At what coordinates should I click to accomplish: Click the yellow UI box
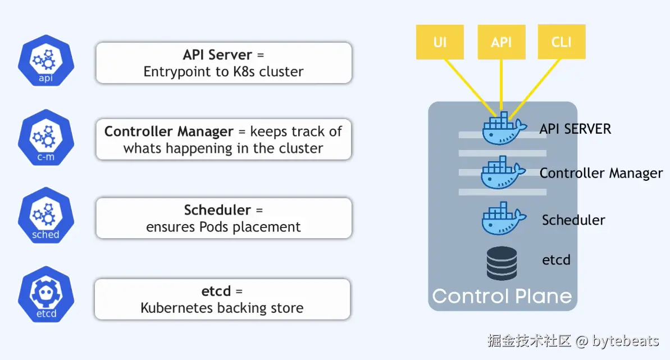tap(440, 42)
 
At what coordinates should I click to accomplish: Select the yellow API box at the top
tap(501, 42)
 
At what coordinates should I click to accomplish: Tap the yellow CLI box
tap(562, 42)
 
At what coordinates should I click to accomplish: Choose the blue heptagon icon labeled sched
tap(45, 217)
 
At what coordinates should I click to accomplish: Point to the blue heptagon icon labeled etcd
tap(45, 296)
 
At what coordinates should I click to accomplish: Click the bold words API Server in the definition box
tap(217, 55)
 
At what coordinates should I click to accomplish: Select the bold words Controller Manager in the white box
tap(169, 131)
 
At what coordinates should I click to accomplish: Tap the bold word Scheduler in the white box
tap(217, 210)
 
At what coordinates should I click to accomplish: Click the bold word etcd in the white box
tap(216, 291)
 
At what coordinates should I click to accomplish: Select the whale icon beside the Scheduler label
tap(503, 219)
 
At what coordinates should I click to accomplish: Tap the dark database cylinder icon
tap(502, 263)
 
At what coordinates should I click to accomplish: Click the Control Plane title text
tap(502, 296)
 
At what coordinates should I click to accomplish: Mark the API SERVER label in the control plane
tap(575, 129)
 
